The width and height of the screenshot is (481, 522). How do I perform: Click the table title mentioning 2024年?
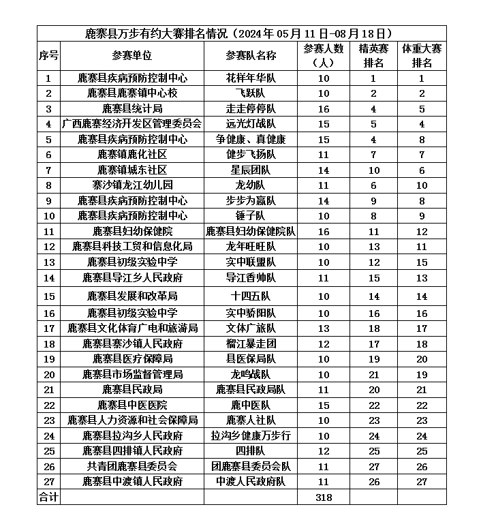(x=241, y=33)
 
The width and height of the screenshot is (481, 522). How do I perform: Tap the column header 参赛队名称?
(x=251, y=55)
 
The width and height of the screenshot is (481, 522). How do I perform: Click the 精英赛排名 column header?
(x=373, y=55)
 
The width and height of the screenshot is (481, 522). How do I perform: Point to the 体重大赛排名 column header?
(x=422, y=55)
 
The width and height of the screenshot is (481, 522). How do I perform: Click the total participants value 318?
(x=324, y=497)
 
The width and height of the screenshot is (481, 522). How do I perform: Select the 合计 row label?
(x=48, y=497)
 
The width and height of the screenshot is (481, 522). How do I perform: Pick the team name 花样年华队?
(x=251, y=78)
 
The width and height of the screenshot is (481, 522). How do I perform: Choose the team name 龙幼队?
(x=251, y=185)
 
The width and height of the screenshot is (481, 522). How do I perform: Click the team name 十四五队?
(x=251, y=296)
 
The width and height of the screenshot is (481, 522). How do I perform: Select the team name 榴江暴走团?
(x=251, y=343)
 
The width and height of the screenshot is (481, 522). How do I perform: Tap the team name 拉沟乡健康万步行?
(x=251, y=435)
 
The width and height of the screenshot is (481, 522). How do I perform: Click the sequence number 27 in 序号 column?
(x=48, y=481)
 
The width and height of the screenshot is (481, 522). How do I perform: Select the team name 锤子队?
(x=251, y=216)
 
